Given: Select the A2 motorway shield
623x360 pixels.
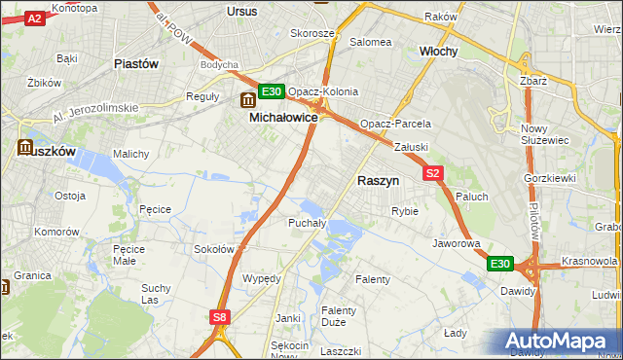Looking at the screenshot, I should pos(34,18).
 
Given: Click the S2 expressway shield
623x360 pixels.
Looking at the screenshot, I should pos(434,173).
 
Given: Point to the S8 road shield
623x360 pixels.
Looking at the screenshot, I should pos(221,316).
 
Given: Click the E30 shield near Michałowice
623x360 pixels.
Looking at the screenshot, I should pos(272,92).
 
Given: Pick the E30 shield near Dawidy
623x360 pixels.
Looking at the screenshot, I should pos(499,264).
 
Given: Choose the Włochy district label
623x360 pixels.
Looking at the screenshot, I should pos(438,51).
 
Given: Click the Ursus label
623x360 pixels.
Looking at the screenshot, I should pos(240,11).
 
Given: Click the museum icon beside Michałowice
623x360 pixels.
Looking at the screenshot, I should pos(247,98).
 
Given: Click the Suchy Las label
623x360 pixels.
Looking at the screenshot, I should pos(156,294).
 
